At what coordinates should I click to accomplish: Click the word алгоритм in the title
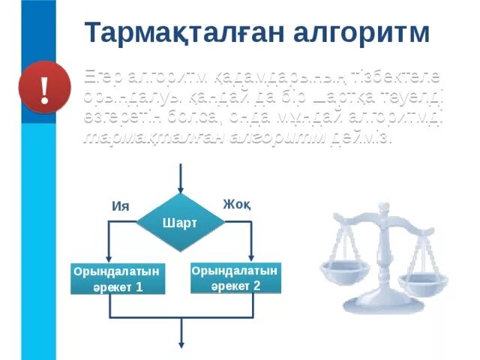(358, 33)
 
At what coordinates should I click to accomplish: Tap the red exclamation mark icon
(44, 90)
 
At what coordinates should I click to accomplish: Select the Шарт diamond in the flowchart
(180, 223)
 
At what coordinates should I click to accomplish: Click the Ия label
(120, 206)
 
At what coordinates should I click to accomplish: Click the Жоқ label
(236, 205)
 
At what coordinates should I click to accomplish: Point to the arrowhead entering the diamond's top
(180, 189)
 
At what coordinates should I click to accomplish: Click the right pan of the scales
(423, 282)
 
